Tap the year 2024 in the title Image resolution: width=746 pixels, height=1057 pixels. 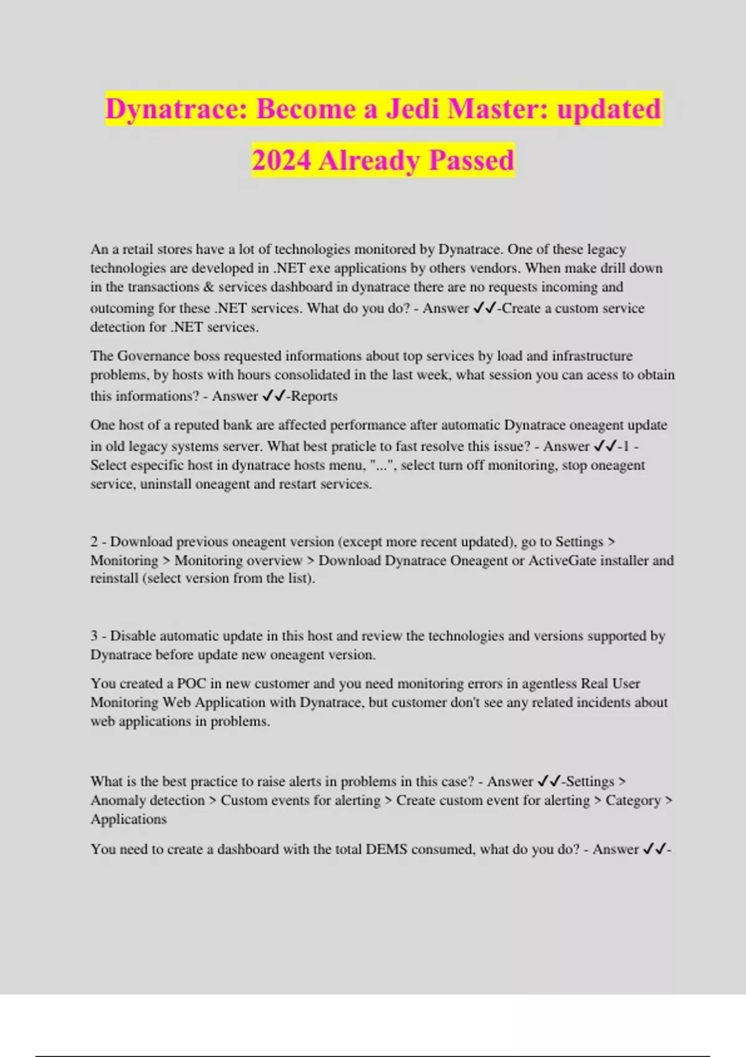tap(281, 160)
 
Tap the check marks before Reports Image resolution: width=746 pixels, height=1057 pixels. tap(274, 396)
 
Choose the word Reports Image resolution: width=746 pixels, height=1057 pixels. tap(315, 396)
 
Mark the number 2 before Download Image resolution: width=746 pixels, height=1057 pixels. tap(94, 542)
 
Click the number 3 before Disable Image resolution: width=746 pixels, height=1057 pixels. tap(94, 636)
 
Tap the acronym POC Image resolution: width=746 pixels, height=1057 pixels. tap(191, 683)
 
